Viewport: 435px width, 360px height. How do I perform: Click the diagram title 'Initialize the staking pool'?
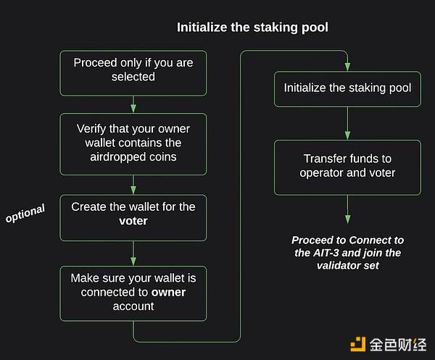pyautogui.click(x=252, y=27)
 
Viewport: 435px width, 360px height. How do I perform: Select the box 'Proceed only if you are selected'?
pyautogui.click(x=133, y=73)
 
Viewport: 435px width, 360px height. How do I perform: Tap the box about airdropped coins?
pyautogui.click(x=133, y=144)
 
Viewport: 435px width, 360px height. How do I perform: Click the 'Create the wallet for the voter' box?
pyautogui.click(x=133, y=218)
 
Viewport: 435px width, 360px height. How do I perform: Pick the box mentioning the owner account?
pyautogui.click(x=133, y=293)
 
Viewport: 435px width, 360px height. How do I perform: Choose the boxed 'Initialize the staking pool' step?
pyautogui.click(x=347, y=89)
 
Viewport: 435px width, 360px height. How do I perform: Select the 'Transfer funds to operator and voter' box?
pyautogui.click(x=347, y=167)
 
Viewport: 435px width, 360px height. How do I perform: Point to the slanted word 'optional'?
pyautogui.click(x=25, y=213)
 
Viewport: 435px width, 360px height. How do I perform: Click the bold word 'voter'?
pyautogui.click(x=133, y=221)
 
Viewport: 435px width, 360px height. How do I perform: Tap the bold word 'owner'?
pyautogui.click(x=168, y=292)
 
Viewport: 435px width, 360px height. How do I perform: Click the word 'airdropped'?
pyautogui.click(x=118, y=157)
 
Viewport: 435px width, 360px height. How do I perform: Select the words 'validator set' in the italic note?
pyautogui.click(x=347, y=266)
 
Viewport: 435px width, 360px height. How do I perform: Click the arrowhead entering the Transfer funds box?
pyautogui.click(x=347, y=135)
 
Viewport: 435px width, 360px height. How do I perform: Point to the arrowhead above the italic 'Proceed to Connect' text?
pyautogui.click(x=347, y=219)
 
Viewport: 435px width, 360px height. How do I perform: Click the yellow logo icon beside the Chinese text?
pyautogui.click(x=358, y=344)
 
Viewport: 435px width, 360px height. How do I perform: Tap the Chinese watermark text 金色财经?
pyautogui.click(x=398, y=345)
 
